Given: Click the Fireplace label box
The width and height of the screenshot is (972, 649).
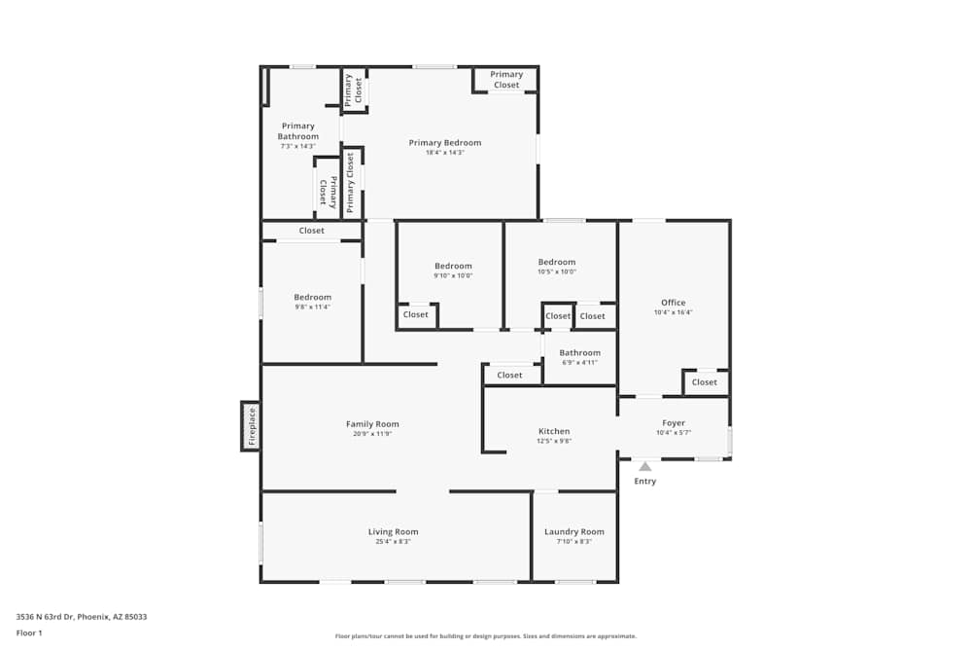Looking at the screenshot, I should [x=251, y=426].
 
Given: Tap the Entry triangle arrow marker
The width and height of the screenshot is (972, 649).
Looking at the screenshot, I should [x=644, y=467].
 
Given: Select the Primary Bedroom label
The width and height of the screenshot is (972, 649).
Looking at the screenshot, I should [x=444, y=143].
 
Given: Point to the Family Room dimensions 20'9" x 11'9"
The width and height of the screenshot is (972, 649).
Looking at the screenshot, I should [x=372, y=434].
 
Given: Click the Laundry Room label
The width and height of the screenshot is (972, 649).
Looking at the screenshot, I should [x=573, y=532].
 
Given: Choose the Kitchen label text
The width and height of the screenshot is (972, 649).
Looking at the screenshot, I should [x=554, y=431].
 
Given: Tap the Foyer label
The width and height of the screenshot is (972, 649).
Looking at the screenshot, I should [x=674, y=423].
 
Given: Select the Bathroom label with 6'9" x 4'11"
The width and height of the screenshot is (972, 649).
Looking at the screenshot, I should [x=579, y=353].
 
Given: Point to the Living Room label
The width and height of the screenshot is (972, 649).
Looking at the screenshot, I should [x=393, y=532].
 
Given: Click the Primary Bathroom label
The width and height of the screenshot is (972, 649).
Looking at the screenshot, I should [x=298, y=131].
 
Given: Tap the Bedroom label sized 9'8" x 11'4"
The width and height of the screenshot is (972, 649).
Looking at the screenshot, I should [x=313, y=298].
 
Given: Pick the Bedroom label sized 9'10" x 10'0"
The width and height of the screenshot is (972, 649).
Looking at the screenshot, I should [x=453, y=267].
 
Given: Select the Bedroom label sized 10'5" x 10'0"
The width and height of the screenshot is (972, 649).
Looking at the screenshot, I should [x=557, y=262].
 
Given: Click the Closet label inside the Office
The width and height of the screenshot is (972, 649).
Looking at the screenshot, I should [x=705, y=382].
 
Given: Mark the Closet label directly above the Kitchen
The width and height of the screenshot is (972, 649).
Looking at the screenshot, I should [x=509, y=376].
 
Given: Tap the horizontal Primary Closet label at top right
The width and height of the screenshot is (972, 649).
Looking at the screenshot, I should [x=505, y=80].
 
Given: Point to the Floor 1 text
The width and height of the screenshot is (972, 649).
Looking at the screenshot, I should [x=30, y=632].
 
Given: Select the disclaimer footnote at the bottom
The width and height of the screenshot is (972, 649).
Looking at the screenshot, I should [x=486, y=636].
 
